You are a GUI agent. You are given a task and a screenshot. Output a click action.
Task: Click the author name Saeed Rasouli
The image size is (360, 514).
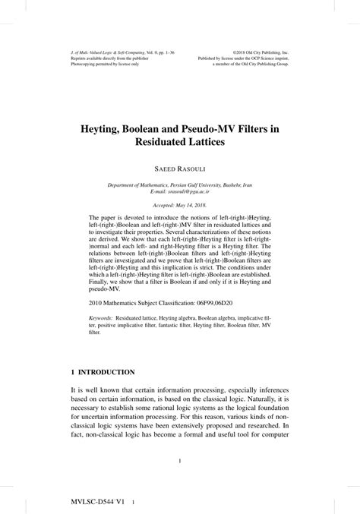pyautogui.click(x=179, y=167)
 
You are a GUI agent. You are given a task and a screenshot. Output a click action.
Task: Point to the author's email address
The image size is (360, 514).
pyautogui.click(x=180, y=191)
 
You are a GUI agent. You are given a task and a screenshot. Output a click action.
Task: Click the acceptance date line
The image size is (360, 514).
pyautogui.click(x=179, y=206)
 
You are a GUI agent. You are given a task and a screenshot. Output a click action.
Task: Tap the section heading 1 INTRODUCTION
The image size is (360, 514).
pyautogui.click(x=103, y=373)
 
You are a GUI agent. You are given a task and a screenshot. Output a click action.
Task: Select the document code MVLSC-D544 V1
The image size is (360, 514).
pyautogui.click(x=92, y=502)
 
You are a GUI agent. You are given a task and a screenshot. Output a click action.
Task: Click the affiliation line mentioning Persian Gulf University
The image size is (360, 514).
pyautogui.click(x=180, y=184)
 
